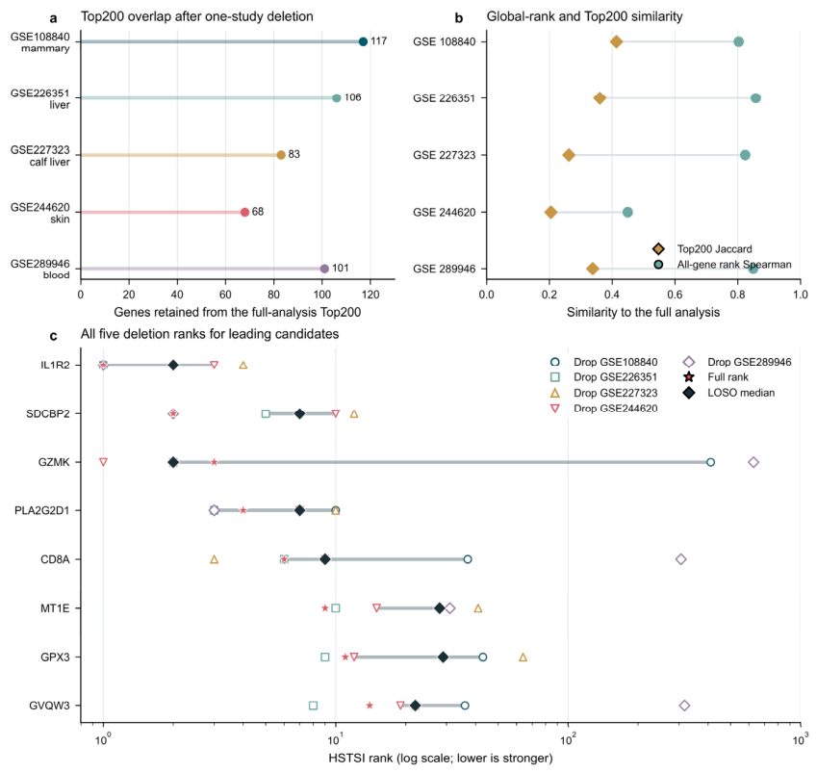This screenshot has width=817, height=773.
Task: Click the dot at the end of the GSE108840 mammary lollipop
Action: click(363, 41)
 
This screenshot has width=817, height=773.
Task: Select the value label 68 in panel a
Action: click(258, 212)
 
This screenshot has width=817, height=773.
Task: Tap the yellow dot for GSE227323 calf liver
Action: click(281, 155)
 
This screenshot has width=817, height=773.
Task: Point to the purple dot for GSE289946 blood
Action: click(324, 269)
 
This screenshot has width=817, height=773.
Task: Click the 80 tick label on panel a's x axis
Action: click(273, 295)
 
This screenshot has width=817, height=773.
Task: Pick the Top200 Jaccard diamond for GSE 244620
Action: click(550, 212)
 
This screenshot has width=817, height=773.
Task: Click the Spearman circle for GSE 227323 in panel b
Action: click(745, 155)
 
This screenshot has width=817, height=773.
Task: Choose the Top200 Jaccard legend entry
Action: click(702, 249)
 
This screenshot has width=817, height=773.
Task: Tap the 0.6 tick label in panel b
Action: click(675, 295)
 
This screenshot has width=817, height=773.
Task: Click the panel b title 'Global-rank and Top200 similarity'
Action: click(584, 16)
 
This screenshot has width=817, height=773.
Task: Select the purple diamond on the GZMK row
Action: click(753, 462)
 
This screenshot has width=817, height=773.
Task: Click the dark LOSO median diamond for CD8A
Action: click(324, 559)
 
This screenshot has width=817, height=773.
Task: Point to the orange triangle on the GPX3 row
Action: click(523, 657)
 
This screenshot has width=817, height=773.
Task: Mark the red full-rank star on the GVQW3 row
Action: click(370, 706)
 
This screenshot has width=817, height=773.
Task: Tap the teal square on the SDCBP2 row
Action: click(266, 414)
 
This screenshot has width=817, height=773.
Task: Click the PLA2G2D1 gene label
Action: click(41, 511)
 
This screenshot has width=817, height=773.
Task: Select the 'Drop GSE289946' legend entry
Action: click(737, 362)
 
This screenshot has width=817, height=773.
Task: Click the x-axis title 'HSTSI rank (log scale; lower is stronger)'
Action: click(441, 758)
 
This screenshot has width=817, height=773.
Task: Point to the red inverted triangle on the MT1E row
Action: click(376, 608)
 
